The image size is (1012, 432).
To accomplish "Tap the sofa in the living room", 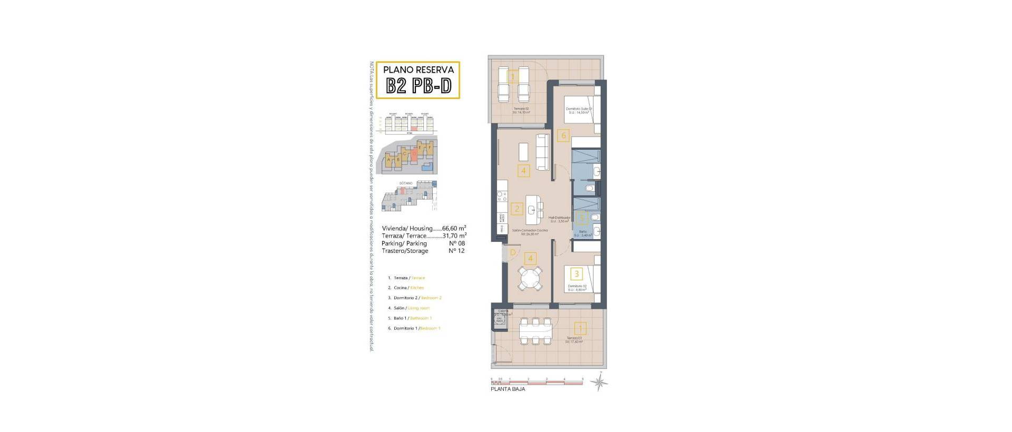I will (543, 151).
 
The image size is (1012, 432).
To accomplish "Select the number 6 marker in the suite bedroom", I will (563, 135).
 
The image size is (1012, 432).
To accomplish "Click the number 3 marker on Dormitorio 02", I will (577, 274).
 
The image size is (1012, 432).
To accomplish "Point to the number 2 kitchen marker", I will (517, 209).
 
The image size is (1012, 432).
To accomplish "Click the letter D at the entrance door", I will (513, 253).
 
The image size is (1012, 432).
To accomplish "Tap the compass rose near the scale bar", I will (599, 382).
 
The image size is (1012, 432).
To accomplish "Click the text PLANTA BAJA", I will (508, 389).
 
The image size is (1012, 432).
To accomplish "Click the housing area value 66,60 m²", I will (454, 229).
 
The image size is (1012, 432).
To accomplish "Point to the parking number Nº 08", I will (456, 243).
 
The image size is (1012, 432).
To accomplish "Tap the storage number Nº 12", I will (456, 251).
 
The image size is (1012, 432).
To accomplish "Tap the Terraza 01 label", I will (574, 338).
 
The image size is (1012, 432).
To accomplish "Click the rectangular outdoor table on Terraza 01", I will (536, 331).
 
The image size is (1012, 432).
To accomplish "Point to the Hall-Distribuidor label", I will (559, 218).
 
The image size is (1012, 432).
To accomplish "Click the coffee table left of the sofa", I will (523, 152).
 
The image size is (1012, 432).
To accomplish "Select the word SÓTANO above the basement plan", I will (406, 183).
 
